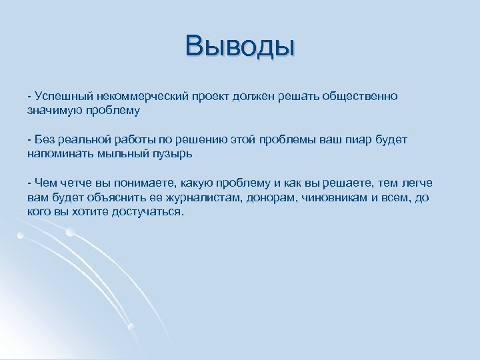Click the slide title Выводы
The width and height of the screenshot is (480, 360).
click(240, 47)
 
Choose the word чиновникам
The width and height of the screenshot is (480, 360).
click(341, 197)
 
